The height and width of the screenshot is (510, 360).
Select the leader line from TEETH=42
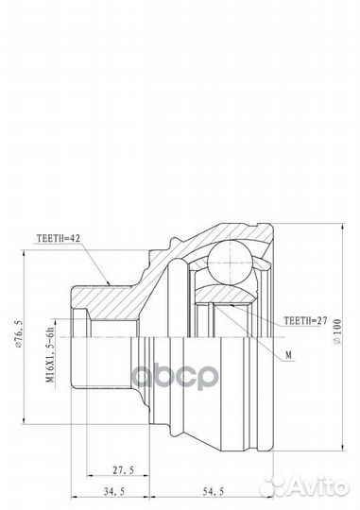[99, 265]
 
